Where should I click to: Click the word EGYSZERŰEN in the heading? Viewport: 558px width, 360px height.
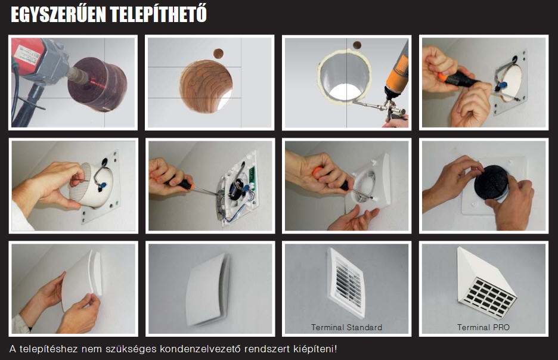click(58, 14)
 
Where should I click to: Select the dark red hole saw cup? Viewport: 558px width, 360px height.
click(97, 84)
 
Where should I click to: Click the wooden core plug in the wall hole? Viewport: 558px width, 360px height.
click(206, 86)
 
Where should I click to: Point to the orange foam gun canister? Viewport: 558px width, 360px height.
click(398, 71)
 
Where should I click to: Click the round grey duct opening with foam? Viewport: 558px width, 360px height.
click(345, 76)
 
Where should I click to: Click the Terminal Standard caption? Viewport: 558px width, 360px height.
click(346, 327)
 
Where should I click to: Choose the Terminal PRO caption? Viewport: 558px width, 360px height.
click(483, 327)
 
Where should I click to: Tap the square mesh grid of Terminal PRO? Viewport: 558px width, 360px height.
click(486, 297)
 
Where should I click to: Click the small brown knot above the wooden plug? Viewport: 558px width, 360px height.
click(219, 54)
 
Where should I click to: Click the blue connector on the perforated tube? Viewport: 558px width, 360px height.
click(103, 186)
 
